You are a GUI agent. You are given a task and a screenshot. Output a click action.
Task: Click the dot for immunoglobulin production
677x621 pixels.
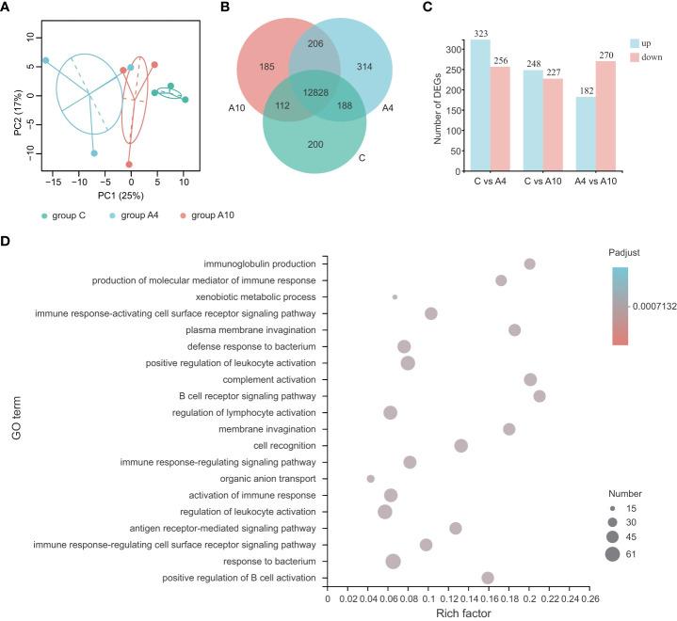529,264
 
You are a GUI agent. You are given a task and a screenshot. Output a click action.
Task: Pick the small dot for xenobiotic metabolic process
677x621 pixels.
395,297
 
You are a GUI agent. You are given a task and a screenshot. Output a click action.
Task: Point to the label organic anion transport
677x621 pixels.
268,478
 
